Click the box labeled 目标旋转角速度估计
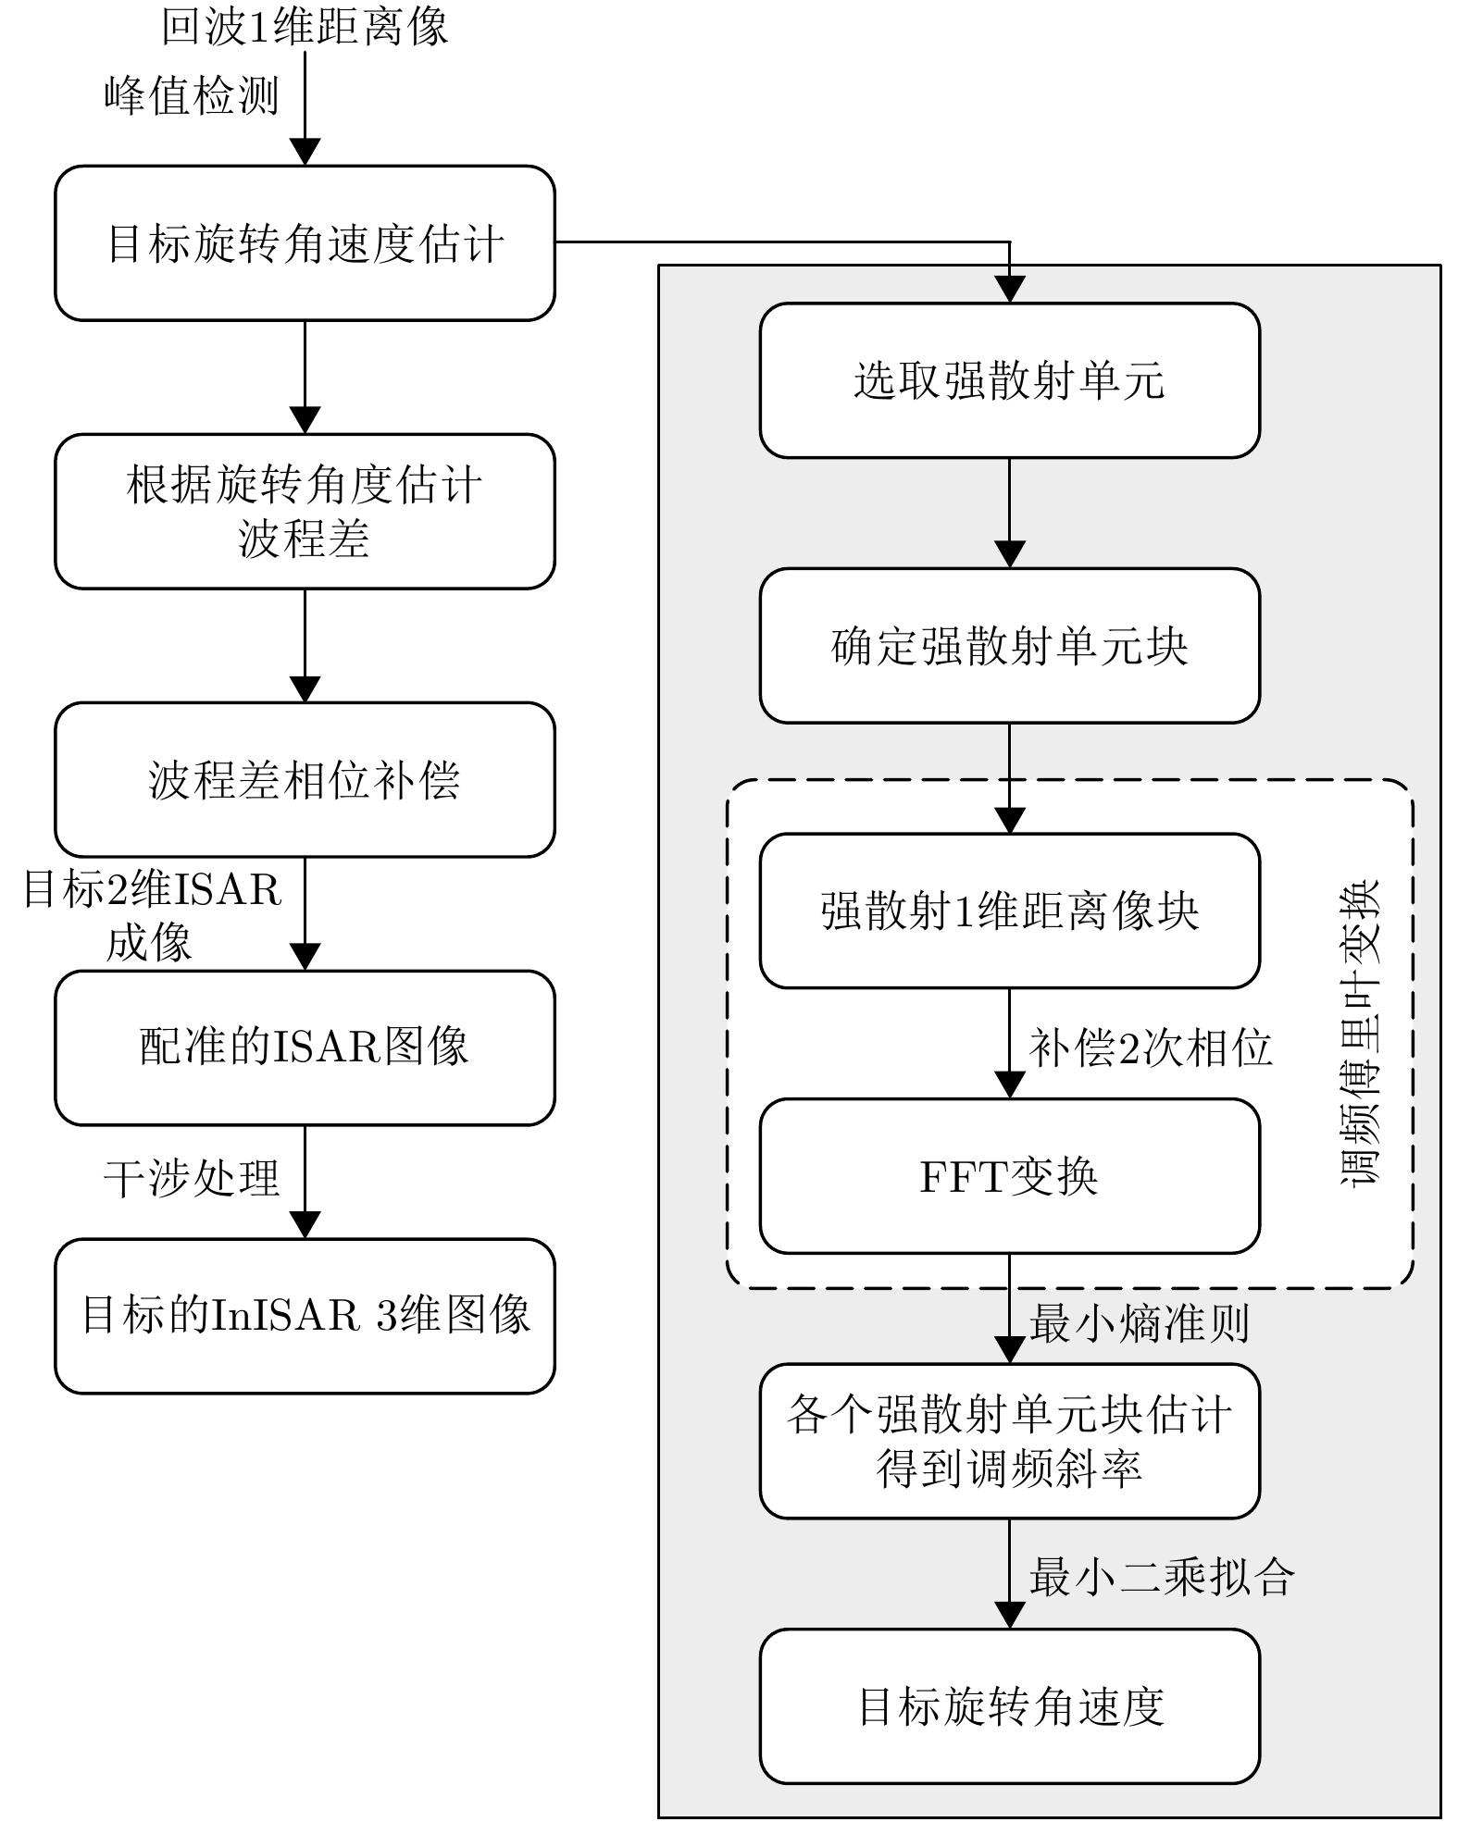[305, 243]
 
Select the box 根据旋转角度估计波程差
[305, 511]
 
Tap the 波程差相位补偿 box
[305, 779]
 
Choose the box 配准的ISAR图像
[305, 1047]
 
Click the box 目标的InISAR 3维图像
[305, 1315]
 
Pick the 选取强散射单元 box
[1009, 380]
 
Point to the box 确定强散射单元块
[1009, 646]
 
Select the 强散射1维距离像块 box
[1009, 911]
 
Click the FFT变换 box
[1009, 1176]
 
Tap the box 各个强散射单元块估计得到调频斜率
[1009, 1441]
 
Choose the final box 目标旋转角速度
[1009, 1706]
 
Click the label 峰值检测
[192, 95]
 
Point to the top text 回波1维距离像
[305, 26]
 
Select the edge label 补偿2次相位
[1151, 1047]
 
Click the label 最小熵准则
[1140, 1323]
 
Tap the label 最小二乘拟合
[1162, 1576]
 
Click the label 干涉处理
[192, 1179]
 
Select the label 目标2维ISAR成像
[151, 916]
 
